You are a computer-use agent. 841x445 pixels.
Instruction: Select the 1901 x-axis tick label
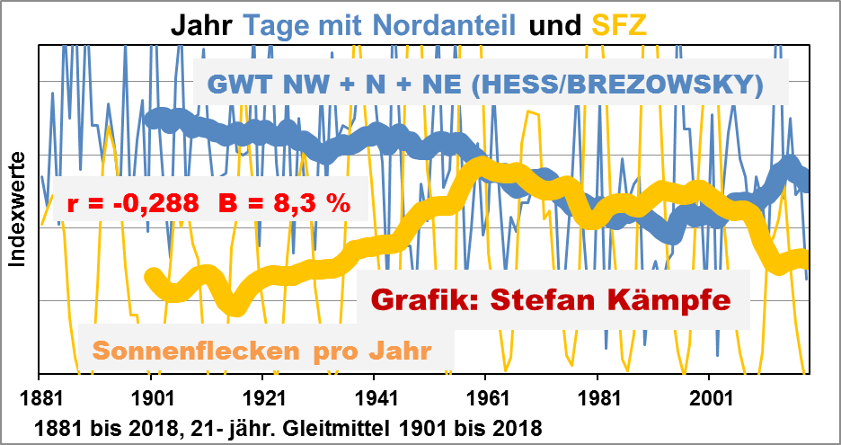(151, 397)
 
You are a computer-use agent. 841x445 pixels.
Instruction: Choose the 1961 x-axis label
(486, 397)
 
